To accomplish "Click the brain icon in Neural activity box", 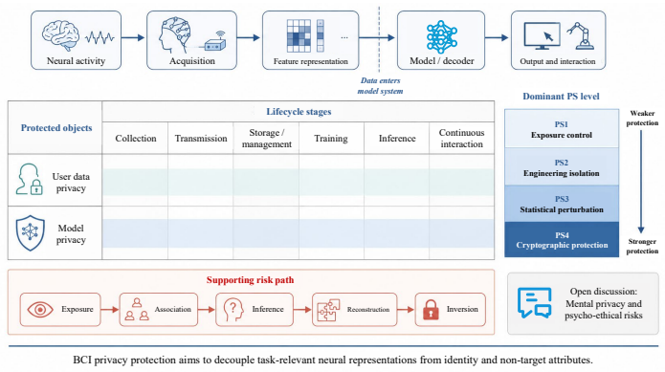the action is (x=60, y=34).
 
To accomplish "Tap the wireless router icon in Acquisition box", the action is (x=216, y=41).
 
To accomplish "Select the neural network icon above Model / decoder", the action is (x=441, y=36).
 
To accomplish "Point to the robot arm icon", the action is (x=580, y=36).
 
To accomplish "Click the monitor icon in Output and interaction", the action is (x=542, y=36).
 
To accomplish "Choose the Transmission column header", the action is (x=201, y=138).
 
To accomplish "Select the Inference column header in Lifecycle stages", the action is (x=397, y=138).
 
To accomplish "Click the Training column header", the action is (x=331, y=138).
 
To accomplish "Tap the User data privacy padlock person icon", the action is (x=30, y=179).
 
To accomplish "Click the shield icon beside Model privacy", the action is (x=30, y=232).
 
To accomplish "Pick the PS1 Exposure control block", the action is (x=562, y=128).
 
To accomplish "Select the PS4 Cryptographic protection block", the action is (x=562, y=240).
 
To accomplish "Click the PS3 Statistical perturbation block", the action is (x=562, y=204).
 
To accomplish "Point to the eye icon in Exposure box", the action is (x=40, y=309).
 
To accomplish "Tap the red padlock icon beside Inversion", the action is (x=431, y=310).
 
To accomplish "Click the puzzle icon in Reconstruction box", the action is (x=329, y=310).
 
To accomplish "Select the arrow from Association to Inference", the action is (x=207, y=310).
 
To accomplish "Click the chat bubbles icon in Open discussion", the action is (x=534, y=302).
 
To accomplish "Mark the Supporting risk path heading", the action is (x=251, y=280).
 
